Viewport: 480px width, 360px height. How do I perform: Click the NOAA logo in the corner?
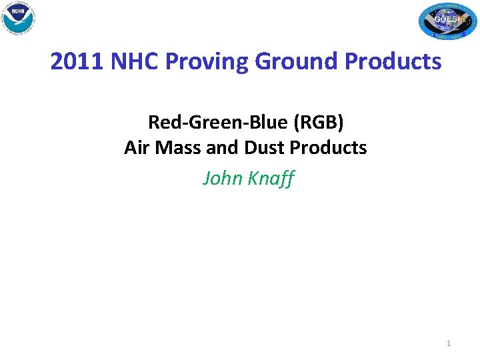click(18, 18)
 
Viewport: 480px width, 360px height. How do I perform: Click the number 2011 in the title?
click(75, 61)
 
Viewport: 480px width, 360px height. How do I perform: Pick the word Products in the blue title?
click(393, 61)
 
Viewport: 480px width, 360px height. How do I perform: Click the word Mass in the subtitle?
click(177, 147)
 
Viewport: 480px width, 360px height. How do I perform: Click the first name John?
click(221, 178)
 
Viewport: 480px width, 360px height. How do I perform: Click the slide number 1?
click(449, 343)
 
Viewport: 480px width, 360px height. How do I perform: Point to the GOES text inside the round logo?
click(445, 19)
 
